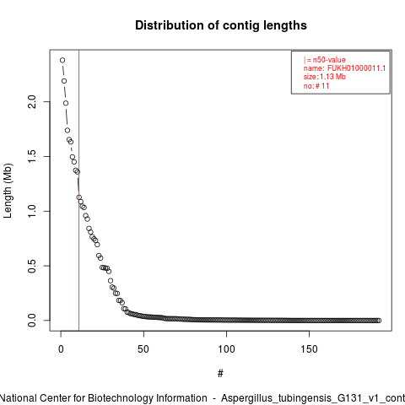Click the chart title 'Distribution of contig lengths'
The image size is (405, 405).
[221, 25]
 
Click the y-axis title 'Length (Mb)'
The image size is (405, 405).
[8, 191]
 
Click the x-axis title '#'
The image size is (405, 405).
[220, 374]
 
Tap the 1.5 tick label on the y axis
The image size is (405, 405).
[32, 156]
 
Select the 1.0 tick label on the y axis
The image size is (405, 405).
[32, 211]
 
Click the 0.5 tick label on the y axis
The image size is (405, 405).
[32, 266]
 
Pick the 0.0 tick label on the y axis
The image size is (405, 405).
[32, 321]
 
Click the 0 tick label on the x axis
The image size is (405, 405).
[61, 349]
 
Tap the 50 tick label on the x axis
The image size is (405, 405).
[143, 349]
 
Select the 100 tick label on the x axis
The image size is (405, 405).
[226, 349]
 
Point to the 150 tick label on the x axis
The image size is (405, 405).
[309, 349]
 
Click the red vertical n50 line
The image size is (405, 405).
[79, 191]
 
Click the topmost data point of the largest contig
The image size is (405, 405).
[62, 60]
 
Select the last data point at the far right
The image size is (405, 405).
[379, 321]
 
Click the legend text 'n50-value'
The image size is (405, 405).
[329, 60]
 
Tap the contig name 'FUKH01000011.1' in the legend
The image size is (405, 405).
[356, 68]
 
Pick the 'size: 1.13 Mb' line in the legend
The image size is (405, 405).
[325, 77]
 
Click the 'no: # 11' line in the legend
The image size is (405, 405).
[316, 86]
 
